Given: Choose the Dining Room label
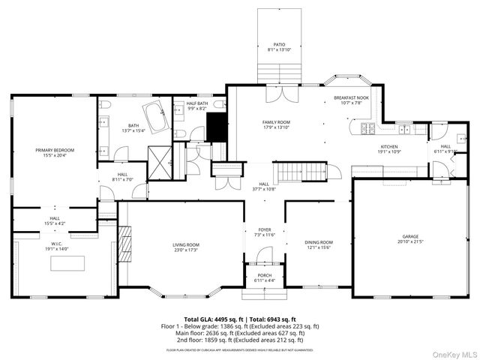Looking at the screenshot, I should point(319,244).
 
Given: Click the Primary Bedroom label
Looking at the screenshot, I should point(55,153).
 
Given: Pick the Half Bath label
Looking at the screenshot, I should point(197,106).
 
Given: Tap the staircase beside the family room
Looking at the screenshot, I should point(298,173).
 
